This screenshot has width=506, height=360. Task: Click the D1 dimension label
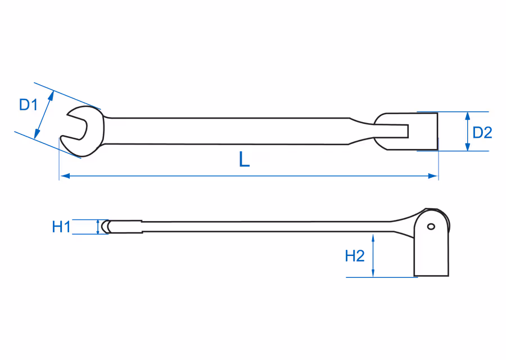[29, 105]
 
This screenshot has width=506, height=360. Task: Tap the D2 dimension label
[482, 133]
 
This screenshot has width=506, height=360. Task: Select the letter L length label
[245, 159]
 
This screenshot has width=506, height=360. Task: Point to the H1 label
[61, 227]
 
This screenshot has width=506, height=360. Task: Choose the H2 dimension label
[355, 256]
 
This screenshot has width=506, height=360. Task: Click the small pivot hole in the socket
[431, 227]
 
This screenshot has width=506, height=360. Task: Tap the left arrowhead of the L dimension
[65, 176]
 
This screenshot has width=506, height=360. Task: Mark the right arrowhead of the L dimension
[433, 176]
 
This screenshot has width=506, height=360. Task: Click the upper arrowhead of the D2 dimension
[467, 116]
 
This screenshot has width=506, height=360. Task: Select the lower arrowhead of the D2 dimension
[467, 146]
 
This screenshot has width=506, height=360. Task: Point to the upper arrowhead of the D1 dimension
[51, 96]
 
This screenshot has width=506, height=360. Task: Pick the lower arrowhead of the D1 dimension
[37, 134]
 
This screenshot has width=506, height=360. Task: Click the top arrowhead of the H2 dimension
[373, 238]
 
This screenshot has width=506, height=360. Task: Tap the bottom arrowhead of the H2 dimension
[373, 272]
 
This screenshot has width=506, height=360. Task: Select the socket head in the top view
[406, 132]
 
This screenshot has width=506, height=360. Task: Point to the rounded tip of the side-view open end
[104, 227]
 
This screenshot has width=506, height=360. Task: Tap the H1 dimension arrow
[98, 227]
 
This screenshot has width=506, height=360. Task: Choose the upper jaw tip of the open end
[69, 114]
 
